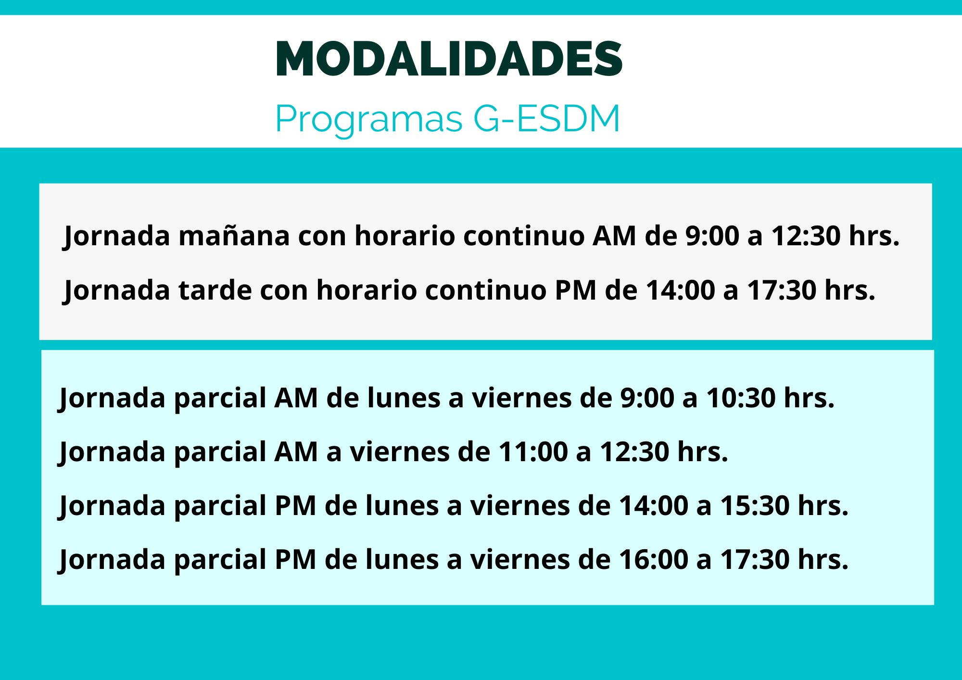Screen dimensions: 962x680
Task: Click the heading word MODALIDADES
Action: (x=449, y=59)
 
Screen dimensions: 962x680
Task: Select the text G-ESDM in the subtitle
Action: (x=547, y=118)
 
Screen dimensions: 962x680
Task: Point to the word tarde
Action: (x=215, y=290)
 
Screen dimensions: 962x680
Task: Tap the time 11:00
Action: (x=533, y=452)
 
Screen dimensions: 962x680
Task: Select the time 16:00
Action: (x=653, y=560)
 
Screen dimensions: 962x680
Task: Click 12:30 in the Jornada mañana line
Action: (x=806, y=236)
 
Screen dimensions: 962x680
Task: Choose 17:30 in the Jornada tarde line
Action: (x=782, y=290)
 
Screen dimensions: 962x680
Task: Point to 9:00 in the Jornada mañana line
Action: (x=712, y=236)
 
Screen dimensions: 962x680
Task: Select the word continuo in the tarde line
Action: (x=485, y=290)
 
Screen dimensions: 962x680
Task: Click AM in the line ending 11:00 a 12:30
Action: (x=296, y=452)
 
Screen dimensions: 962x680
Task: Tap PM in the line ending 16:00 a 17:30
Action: (x=295, y=560)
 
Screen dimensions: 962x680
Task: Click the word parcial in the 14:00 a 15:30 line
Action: (x=220, y=507)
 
